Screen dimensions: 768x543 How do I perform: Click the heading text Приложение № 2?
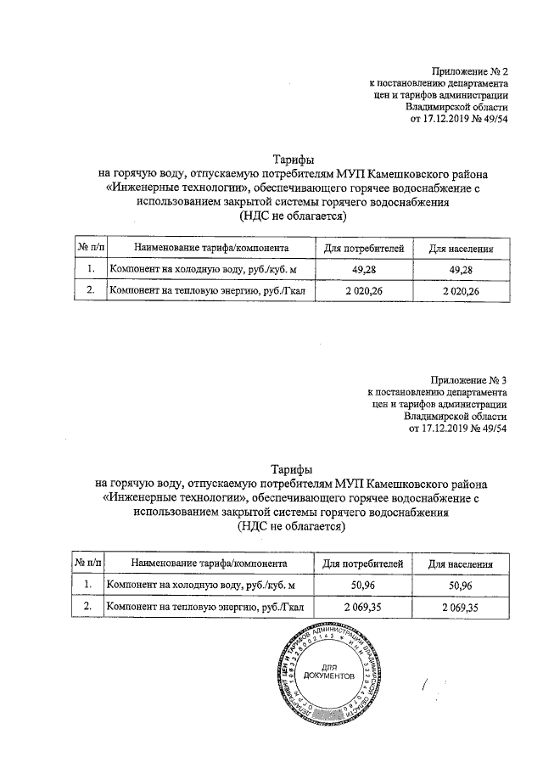pos(468,73)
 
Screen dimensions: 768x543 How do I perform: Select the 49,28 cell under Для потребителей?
pos(363,270)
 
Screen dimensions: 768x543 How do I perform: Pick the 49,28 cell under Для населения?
pos(461,270)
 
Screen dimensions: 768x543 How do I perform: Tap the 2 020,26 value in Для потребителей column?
pos(363,292)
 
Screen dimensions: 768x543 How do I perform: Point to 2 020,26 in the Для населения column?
pos(461,292)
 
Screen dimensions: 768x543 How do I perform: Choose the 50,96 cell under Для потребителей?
pos(363,586)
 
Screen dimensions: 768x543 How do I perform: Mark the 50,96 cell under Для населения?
pos(461,586)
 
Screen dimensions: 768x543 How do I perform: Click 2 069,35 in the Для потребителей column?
pos(363,608)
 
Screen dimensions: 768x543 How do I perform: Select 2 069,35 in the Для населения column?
pos(461,608)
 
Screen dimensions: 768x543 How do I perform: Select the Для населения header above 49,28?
pos(461,249)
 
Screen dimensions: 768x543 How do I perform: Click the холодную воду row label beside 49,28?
pos(200,270)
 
